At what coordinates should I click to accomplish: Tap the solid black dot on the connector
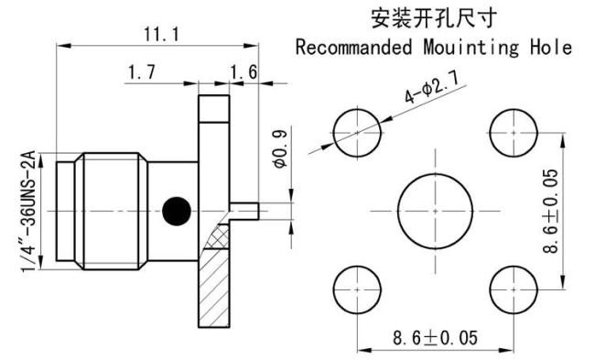point(178,210)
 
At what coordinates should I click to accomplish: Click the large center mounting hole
point(434,209)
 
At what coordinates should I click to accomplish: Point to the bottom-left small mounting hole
point(353,287)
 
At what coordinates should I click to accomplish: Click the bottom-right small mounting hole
point(513,287)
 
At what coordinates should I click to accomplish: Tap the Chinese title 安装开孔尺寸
point(434,18)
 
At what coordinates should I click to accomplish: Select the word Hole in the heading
point(553,47)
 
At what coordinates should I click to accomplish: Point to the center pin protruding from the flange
point(247,210)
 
